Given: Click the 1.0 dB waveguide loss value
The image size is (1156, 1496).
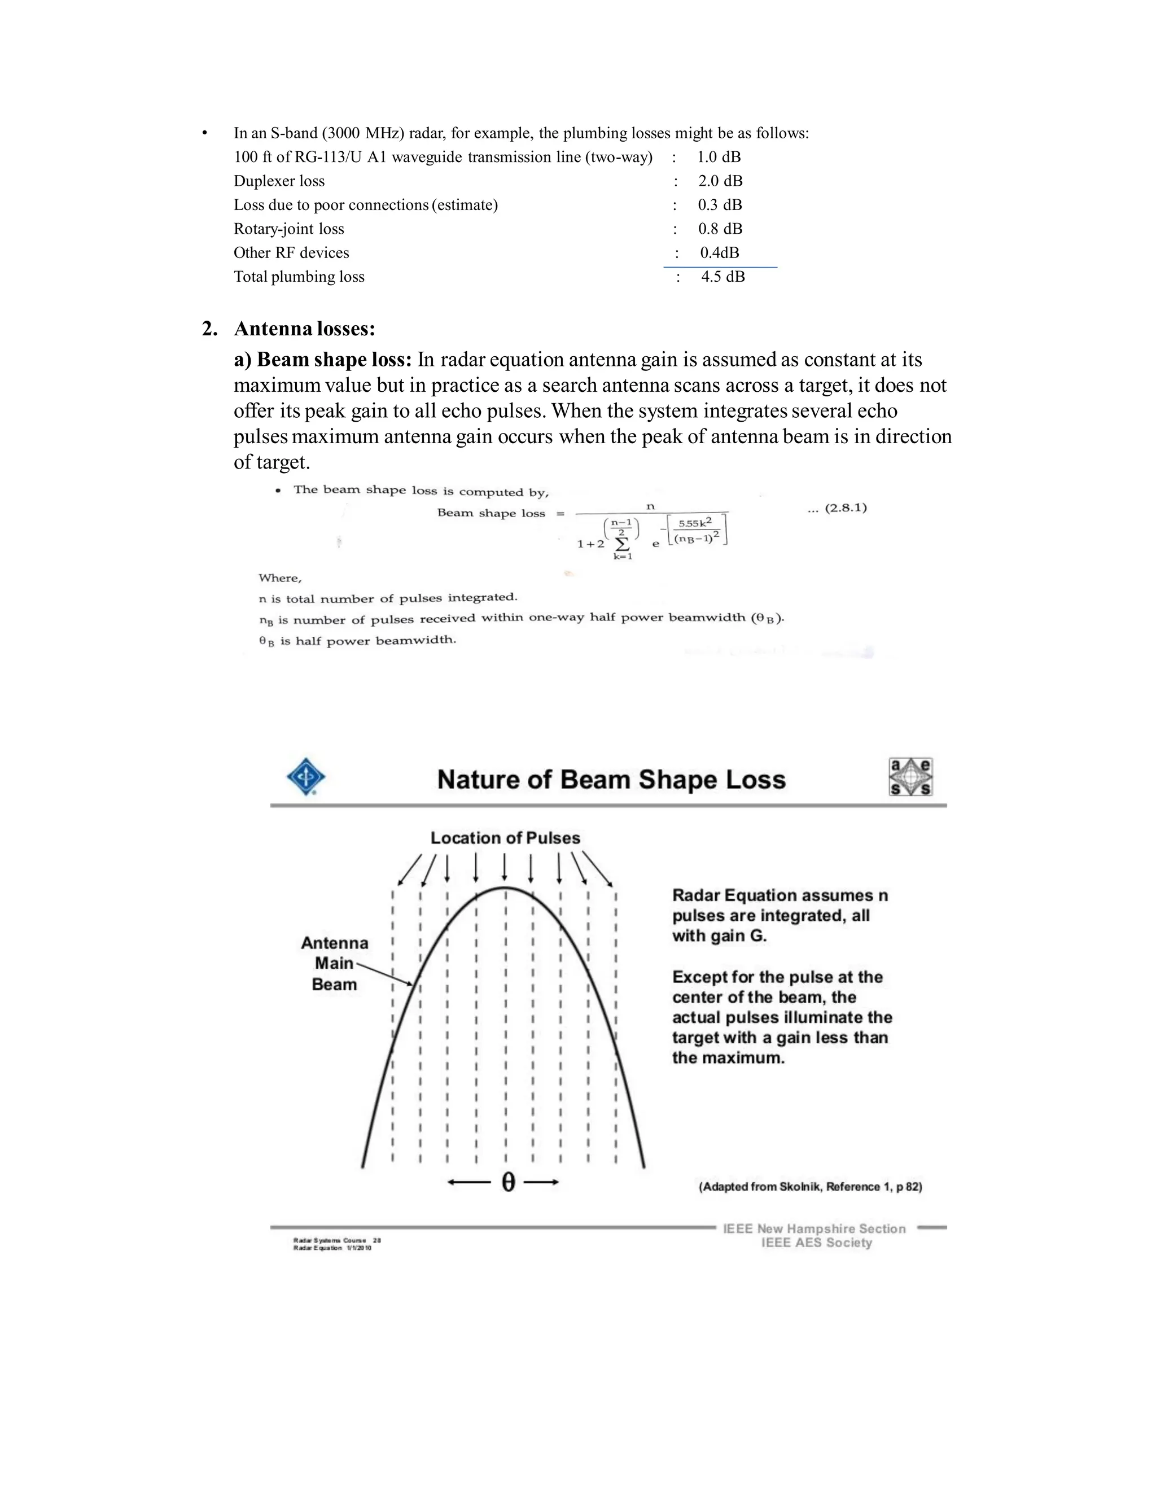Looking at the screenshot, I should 719,157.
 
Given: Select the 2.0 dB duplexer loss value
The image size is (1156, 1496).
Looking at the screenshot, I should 720,181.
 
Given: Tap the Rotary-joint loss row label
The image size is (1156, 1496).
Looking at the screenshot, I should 288,229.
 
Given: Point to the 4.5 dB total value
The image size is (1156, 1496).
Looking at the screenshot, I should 722,277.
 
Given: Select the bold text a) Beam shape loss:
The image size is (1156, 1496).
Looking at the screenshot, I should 322,360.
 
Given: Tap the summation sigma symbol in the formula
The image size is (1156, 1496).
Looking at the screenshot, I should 622,544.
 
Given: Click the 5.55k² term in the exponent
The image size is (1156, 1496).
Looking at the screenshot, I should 694,523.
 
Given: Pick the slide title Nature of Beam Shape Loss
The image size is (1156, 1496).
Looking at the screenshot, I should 611,780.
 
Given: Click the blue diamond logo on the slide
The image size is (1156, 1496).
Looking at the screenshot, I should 305,777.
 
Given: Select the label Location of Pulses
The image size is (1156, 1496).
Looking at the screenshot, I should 505,838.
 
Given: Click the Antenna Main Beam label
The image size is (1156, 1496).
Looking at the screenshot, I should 334,964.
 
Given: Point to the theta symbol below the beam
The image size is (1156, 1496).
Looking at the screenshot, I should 507,1182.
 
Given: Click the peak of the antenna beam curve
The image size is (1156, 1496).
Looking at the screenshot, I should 505,889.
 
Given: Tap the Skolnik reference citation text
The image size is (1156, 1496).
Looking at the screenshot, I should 810,1187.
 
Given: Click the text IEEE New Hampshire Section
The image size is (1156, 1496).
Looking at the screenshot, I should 815,1229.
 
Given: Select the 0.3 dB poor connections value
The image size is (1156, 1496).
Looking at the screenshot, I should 720,205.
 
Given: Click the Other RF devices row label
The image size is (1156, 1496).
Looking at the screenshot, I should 291,253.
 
